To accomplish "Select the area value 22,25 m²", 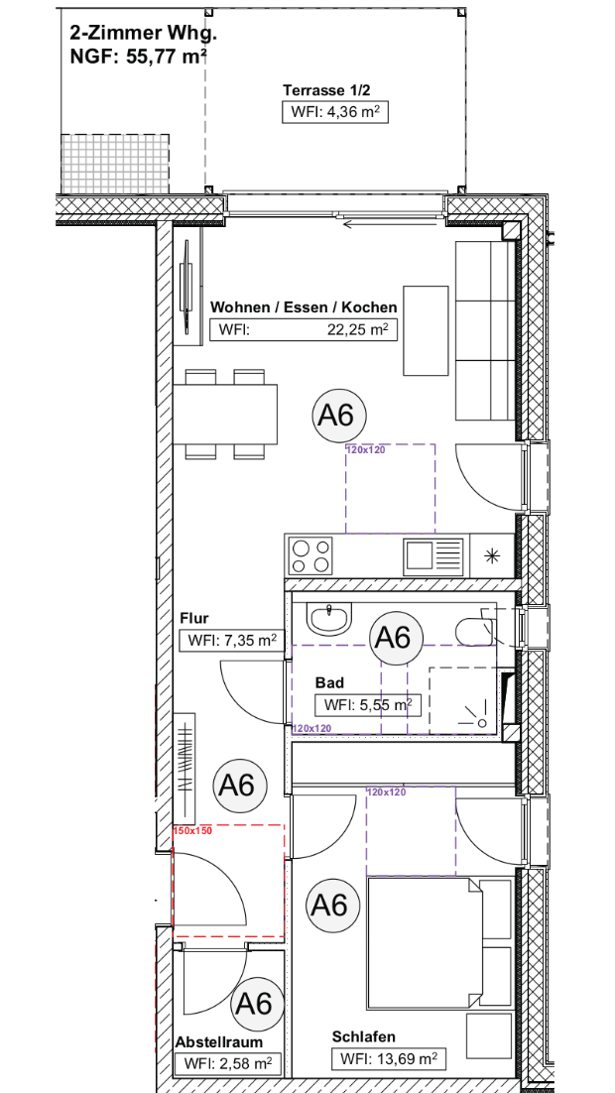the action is pos(358,329).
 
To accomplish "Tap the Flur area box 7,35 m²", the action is pos(232,641).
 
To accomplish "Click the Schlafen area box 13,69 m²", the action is pos(389,1059).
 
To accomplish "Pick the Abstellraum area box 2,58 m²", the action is pos(226,1064).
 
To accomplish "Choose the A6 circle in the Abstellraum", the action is pos(255,1004).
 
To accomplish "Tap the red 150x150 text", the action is pos(191,830).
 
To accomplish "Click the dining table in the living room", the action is pos(224,414).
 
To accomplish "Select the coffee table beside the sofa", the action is pos(427,329).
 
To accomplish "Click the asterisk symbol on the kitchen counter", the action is pos(493,555).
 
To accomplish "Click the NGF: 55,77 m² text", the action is pos(138,57).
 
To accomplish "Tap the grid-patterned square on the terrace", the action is pos(115,164).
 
